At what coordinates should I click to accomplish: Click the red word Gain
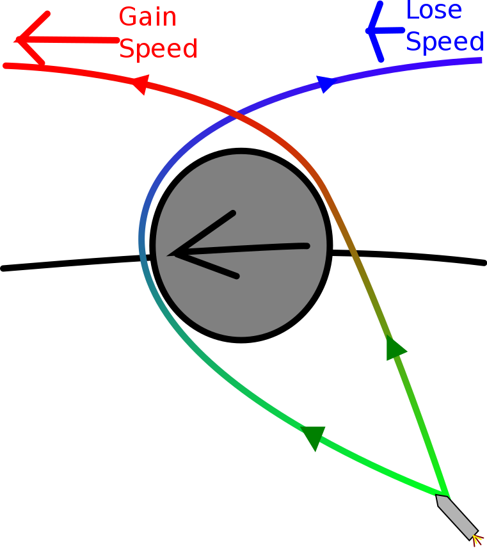[x=148, y=17]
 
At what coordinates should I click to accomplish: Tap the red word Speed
[x=159, y=49]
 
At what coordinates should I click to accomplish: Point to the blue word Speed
[x=445, y=42]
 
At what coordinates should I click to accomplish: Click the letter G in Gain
[x=127, y=17]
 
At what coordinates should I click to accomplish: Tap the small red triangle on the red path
[x=140, y=84]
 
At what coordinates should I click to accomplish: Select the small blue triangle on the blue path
[x=325, y=83]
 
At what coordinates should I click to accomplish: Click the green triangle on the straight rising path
[x=395, y=348]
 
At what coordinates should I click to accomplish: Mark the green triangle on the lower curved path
[x=314, y=437]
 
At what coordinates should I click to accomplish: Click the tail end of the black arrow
[x=307, y=246]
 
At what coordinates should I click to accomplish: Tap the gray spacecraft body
[x=456, y=516]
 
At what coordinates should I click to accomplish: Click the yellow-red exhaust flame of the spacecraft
[x=477, y=540]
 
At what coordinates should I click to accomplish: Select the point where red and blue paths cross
[x=238, y=115]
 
